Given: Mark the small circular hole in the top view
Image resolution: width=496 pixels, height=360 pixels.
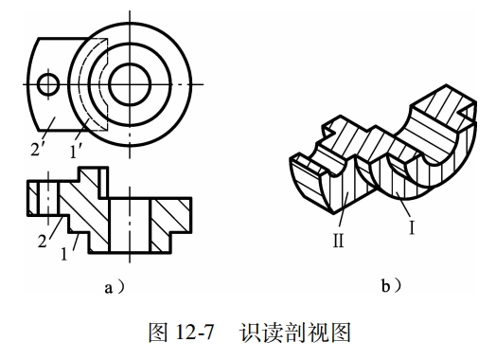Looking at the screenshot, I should tap(46, 85).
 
